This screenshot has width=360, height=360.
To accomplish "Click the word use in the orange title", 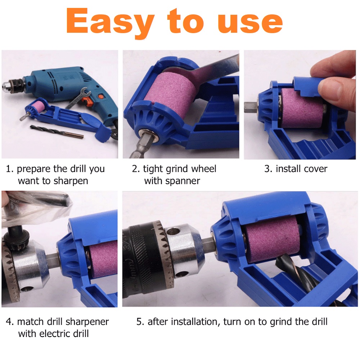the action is (x=250, y=23).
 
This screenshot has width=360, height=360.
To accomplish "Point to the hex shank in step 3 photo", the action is (x=251, y=107).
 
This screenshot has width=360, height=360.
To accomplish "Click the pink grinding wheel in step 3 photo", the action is (x=302, y=108).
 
